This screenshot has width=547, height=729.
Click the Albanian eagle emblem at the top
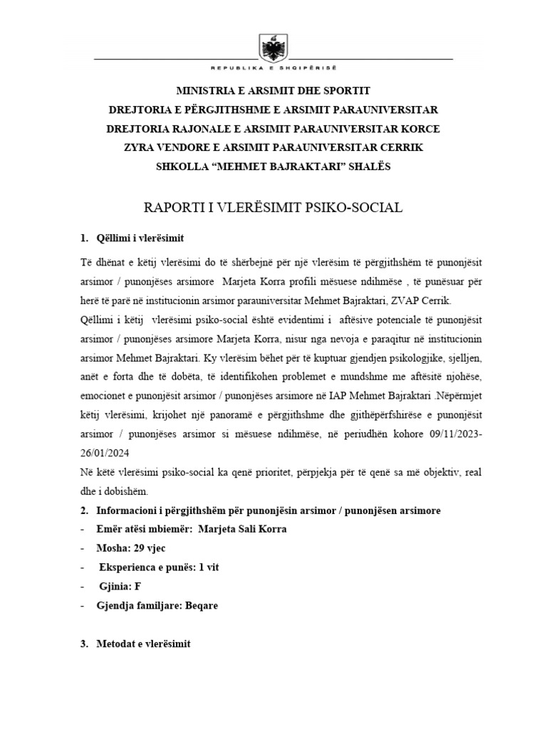[273, 48]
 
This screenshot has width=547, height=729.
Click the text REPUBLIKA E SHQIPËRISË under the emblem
[273, 68]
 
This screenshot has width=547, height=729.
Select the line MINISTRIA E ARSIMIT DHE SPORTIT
[273, 91]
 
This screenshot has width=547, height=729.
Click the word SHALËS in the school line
[368, 167]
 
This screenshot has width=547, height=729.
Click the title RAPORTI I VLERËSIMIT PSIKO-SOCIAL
[273, 207]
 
